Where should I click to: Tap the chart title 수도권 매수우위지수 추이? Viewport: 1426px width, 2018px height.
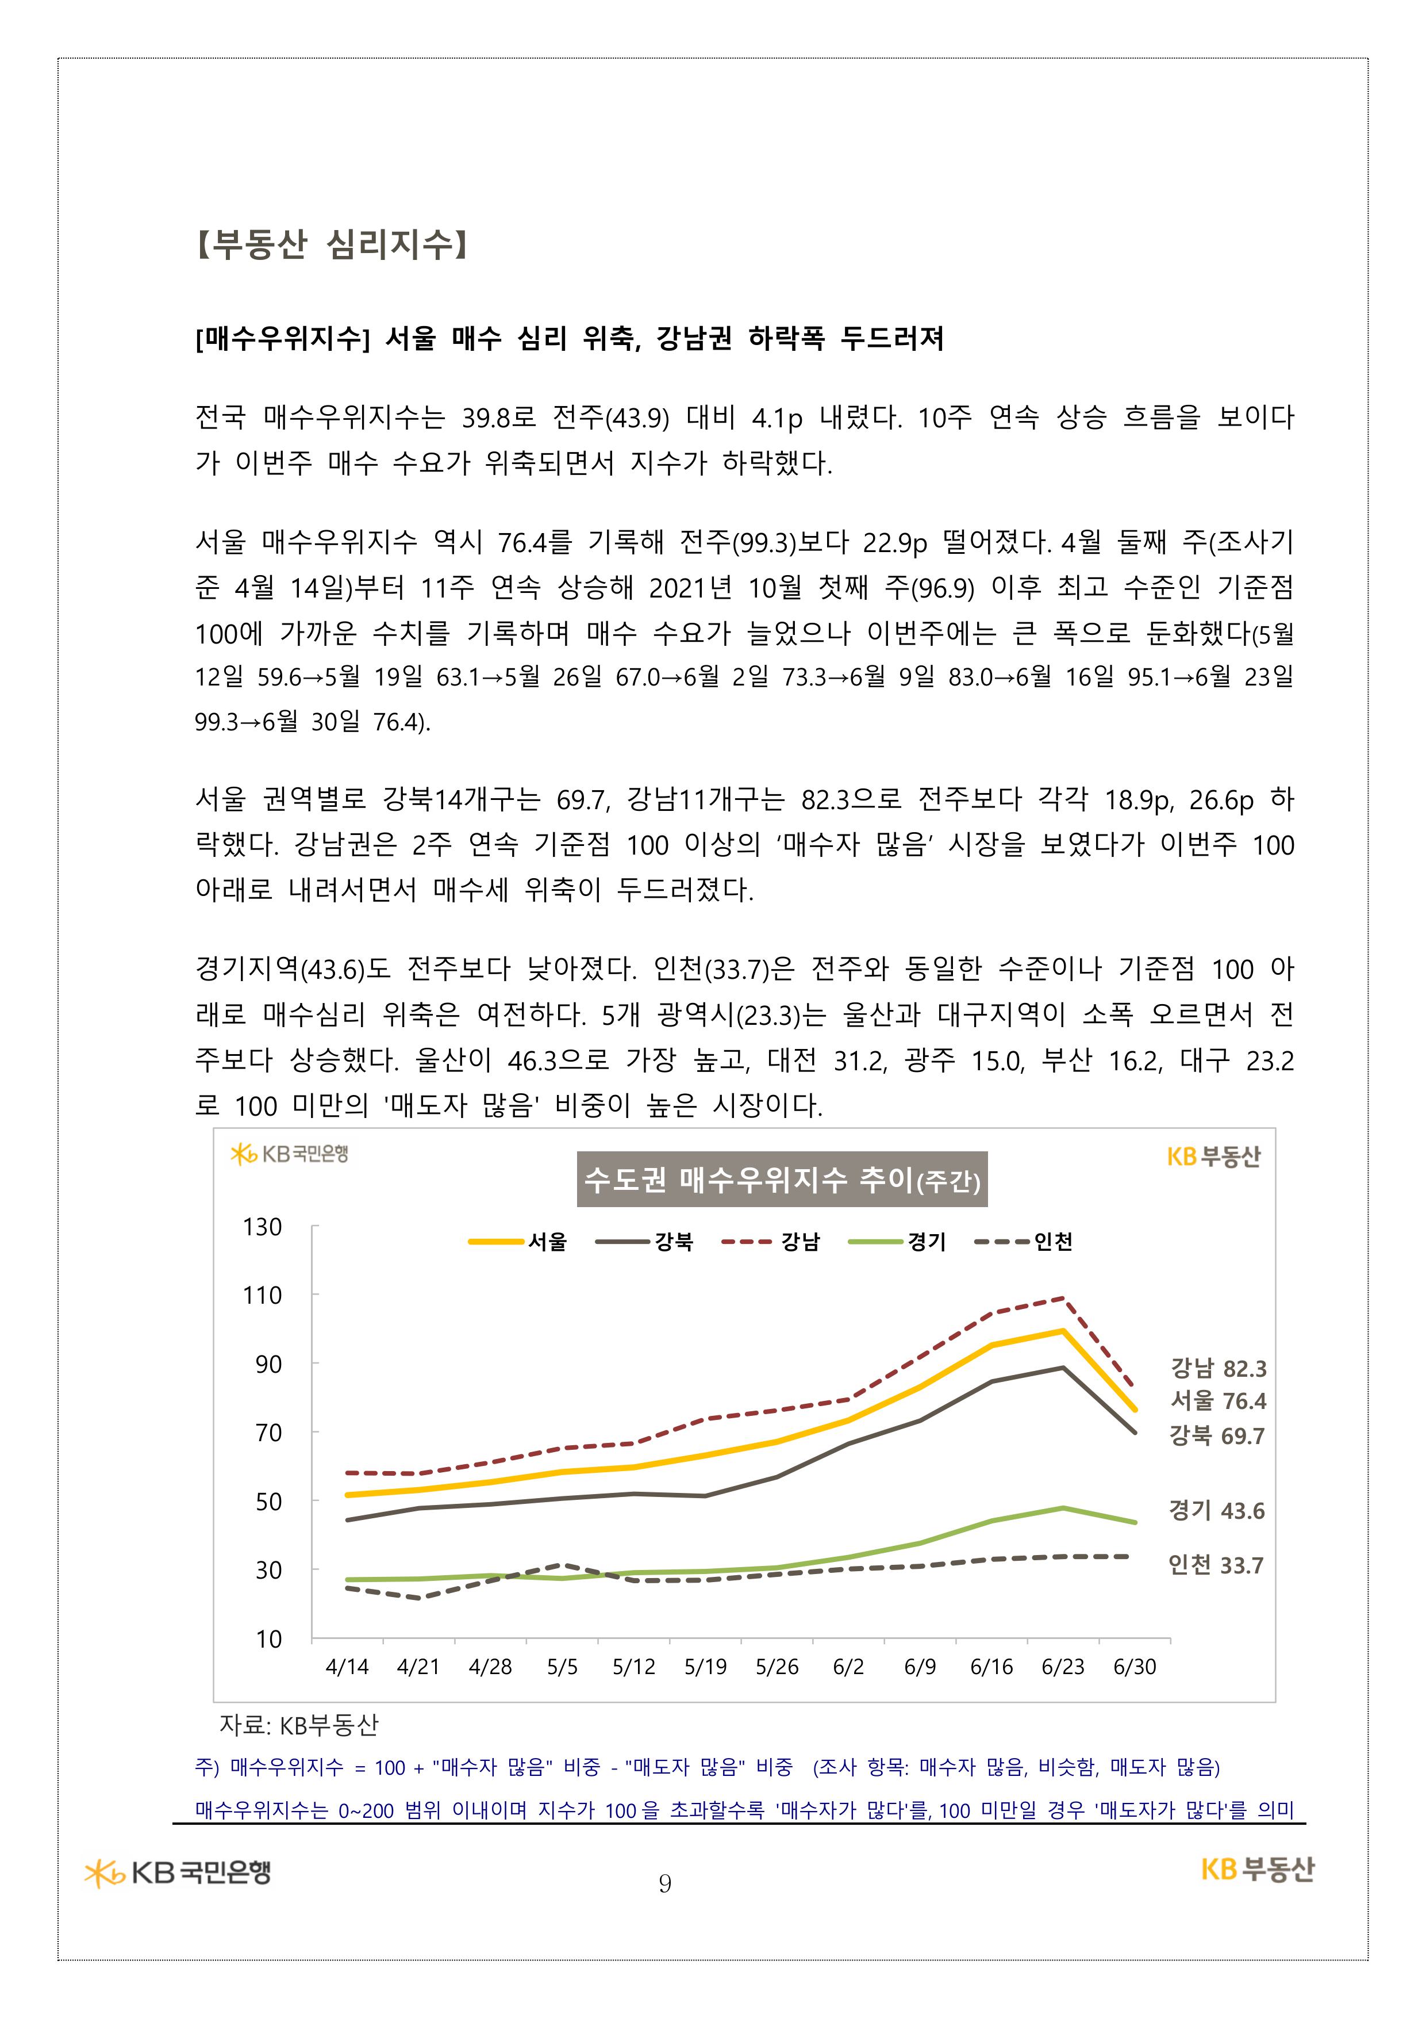[781, 1180]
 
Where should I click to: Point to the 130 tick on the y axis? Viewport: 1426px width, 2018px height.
[263, 1227]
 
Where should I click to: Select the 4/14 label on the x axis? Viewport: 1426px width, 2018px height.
[347, 1667]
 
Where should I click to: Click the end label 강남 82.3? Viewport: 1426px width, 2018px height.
[1218, 1369]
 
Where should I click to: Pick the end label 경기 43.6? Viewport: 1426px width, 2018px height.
[1216, 1511]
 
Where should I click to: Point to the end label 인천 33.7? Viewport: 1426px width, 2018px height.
[1215, 1565]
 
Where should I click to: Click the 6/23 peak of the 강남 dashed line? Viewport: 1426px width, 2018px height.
[1063, 1298]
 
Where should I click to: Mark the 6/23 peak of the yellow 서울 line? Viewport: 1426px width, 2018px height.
[1063, 1331]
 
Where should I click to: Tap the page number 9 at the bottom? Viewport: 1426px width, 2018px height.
[665, 1883]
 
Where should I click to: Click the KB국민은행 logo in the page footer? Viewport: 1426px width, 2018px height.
[178, 1873]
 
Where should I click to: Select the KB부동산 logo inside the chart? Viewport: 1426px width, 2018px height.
[1213, 1157]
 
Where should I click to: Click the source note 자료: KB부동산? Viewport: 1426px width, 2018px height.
[299, 1725]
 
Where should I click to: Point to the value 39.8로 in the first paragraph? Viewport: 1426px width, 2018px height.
[499, 418]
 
